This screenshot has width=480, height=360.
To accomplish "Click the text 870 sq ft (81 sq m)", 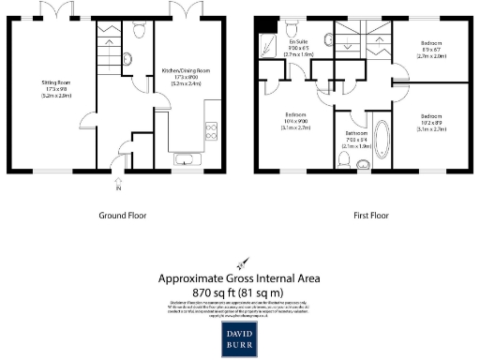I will point(240,292).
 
